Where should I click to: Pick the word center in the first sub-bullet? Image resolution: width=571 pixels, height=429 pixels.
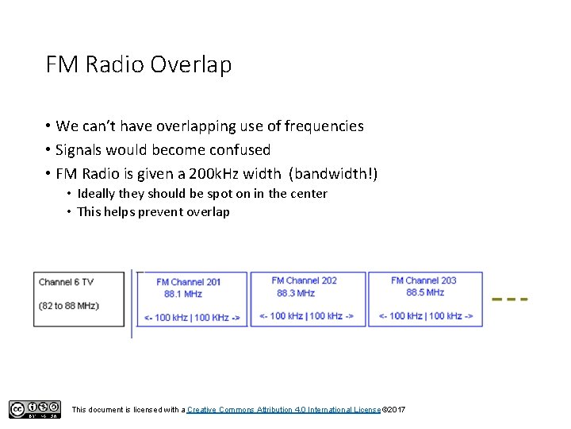307,194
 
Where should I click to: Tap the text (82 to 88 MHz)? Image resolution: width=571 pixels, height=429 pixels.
69,306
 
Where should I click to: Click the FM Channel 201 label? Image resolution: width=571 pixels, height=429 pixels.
189,282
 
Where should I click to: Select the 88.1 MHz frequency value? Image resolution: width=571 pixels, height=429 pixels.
183,294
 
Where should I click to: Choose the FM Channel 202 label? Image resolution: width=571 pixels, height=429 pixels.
304,280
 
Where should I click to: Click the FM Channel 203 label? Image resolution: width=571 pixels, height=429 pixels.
423,280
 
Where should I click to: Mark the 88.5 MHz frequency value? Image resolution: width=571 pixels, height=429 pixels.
426,292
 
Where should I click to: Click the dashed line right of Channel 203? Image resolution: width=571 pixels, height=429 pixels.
510,300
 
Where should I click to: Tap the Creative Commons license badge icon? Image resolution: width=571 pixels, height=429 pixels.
34,409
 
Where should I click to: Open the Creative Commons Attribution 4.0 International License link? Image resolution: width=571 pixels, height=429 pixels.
283,409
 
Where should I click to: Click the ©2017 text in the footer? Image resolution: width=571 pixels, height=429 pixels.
393,409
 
